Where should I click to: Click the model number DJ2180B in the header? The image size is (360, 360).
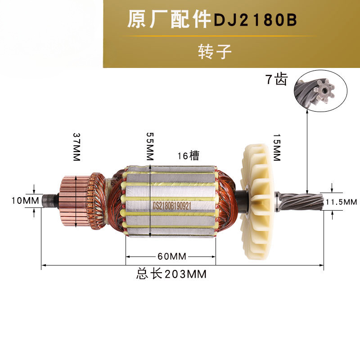point(255,21)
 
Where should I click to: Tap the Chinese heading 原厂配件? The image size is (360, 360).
point(169,20)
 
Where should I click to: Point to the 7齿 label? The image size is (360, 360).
point(276,80)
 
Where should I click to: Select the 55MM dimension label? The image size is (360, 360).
point(149,147)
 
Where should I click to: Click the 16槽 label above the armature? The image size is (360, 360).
point(188,156)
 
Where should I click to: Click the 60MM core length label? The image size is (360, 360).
point(171,256)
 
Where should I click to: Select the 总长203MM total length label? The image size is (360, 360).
point(171,274)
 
